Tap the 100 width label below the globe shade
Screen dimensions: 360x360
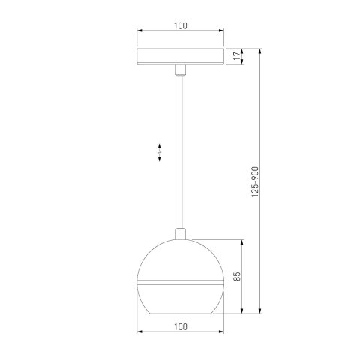[180, 325]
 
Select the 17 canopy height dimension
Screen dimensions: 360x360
[237, 57]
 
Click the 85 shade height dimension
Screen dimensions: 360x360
[237, 276]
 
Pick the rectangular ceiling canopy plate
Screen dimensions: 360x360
[180, 57]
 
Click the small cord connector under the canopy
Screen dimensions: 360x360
[180, 71]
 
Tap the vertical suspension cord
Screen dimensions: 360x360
[180, 150]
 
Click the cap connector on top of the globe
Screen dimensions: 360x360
[180, 234]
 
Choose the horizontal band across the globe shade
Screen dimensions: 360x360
[180, 283]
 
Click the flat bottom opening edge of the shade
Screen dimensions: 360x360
[180, 312]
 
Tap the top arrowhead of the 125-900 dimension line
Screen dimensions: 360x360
[259, 52]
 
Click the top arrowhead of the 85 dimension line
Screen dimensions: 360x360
[242, 242]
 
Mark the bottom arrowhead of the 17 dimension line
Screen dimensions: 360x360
[242, 64]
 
